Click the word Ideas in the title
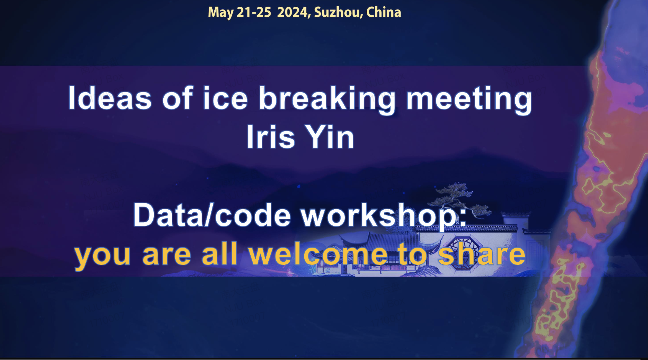[x=110, y=98]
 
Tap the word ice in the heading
[x=225, y=98]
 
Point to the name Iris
[x=271, y=137]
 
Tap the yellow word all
[x=219, y=253]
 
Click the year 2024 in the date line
[x=294, y=12]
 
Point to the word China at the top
[x=384, y=12]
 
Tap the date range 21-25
[x=254, y=12]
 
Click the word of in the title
[x=177, y=98]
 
